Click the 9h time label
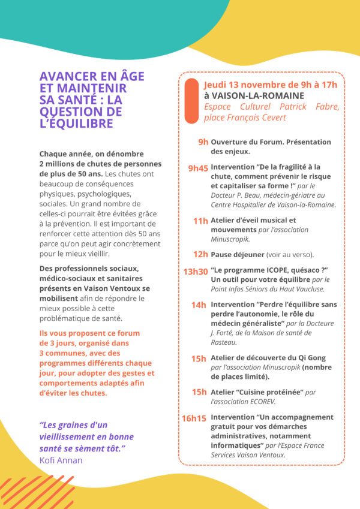pyautogui.click(x=203, y=142)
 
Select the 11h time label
pyautogui.click(x=200, y=221)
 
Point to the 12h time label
pyautogui.click(x=200, y=255)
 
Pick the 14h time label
pyautogui.click(x=199, y=305)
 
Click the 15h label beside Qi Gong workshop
pyautogui.click(x=199, y=359)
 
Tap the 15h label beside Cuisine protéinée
pyautogui.click(x=199, y=392)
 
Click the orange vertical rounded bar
pyautogui.click(x=191, y=101)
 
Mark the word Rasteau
pyautogui.click(x=225, y=342)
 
